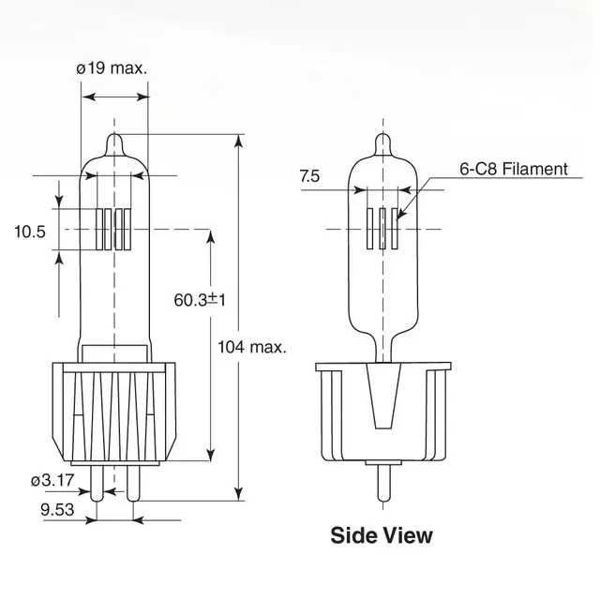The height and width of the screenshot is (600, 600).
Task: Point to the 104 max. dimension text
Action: point(251,346)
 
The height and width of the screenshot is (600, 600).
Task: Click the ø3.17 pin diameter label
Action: point(52,481)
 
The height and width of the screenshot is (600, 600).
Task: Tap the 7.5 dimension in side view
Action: point(310,175)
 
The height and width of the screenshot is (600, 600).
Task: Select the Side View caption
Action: point(382,535)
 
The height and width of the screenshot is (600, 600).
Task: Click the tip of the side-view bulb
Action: point(382,141)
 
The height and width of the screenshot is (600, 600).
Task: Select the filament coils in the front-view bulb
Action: point(115,228)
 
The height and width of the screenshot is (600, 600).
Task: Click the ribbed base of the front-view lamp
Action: point(115,412)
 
